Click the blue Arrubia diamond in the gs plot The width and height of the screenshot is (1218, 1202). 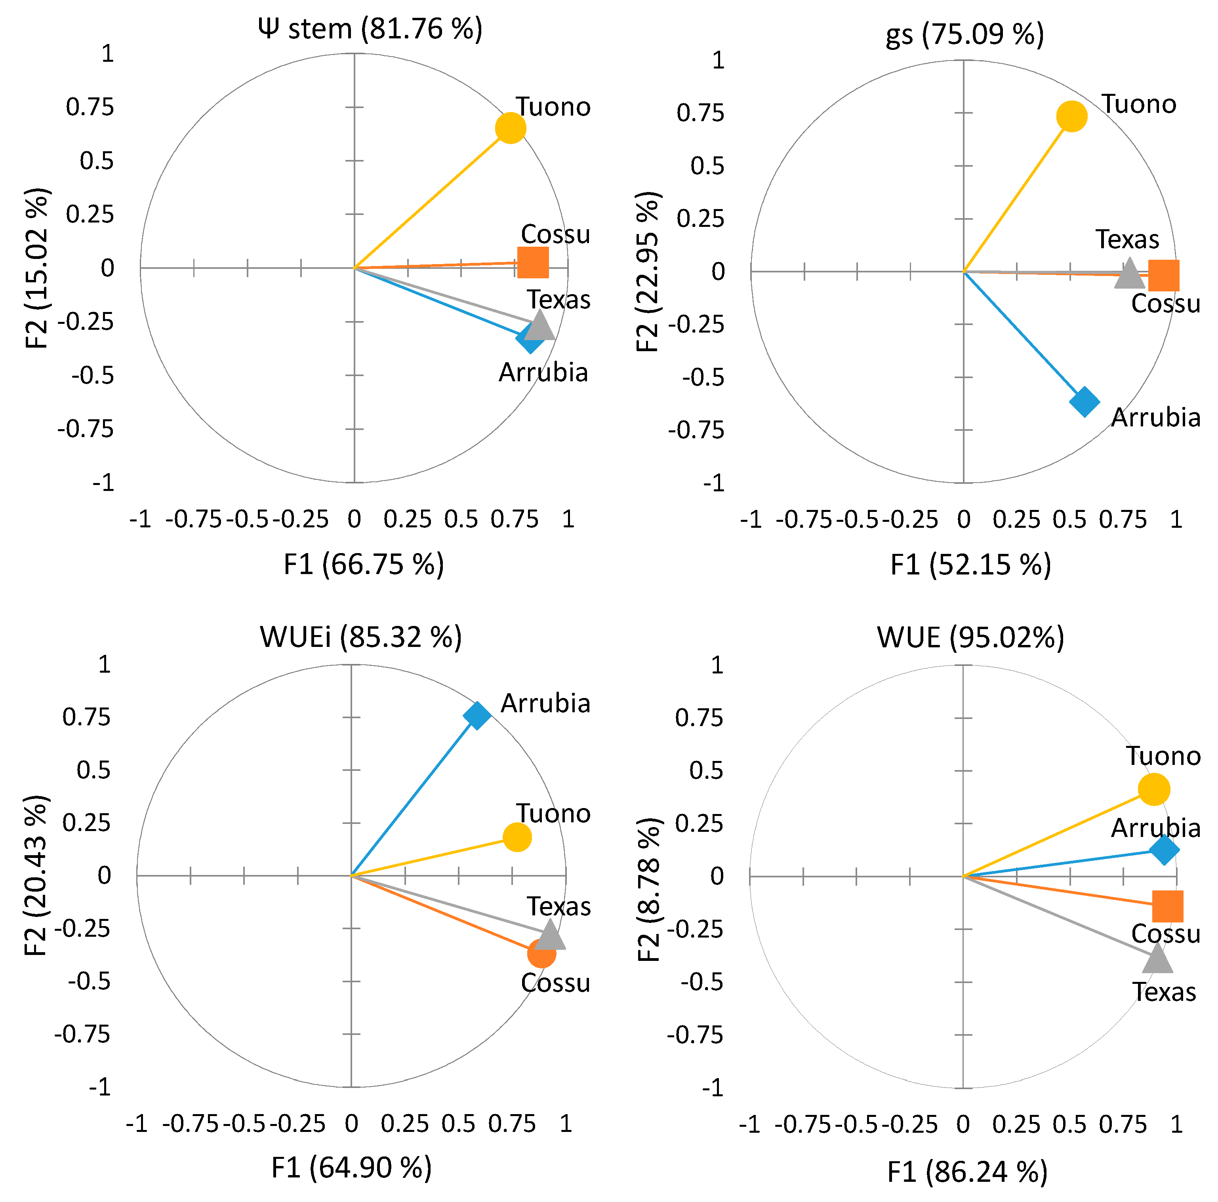pyautogui.click(x=1085, y=401)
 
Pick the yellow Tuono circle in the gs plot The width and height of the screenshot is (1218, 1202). pyautogui.click(x=1072, y=116)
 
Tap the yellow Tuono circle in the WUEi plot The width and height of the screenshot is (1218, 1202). pyautogui.click(x=517, y=837)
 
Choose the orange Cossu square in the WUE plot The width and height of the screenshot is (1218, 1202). pyautogui.click(x=1168, y=906)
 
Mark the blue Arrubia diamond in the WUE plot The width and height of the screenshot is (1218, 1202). pyautogui.click(x=1164, y=850)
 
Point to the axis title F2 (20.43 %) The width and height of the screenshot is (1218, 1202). pyautogui.click(x=36, y=875)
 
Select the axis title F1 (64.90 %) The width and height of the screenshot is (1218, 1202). pyautogui.click(x=351, y=1168)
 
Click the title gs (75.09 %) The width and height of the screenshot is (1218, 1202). pyautogui.click(x=964, y=35)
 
